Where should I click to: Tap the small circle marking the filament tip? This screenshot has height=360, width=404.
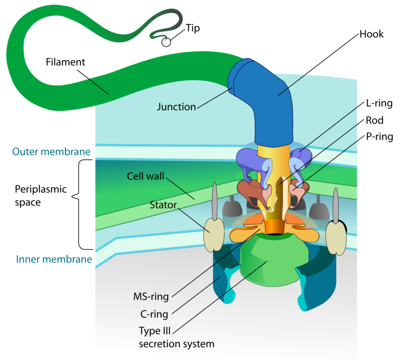166,42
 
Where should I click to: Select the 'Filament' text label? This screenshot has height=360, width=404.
65,62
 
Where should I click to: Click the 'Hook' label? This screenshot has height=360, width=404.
371,34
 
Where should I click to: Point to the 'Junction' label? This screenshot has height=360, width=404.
176,107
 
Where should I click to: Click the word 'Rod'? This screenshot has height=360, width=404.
374,120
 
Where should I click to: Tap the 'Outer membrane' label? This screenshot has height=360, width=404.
51,152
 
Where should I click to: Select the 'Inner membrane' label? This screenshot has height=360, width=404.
54,259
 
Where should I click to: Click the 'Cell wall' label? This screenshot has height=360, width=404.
145,176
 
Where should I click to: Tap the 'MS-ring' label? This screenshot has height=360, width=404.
152,295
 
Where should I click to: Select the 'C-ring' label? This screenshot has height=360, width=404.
154,314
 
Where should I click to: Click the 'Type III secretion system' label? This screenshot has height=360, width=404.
176,337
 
